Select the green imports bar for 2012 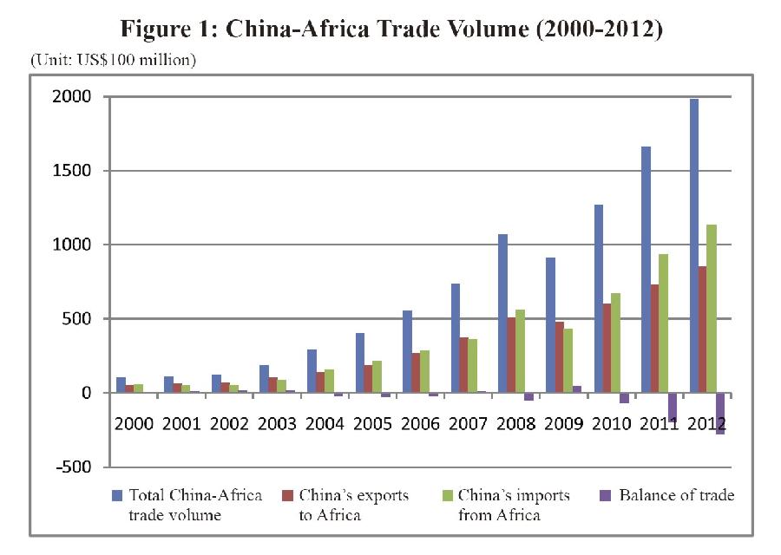tap(712, 308)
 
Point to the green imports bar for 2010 tap(616, 343)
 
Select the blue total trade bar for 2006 tap(407, 351)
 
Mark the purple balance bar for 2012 tap(720, 414)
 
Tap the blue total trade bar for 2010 tap(598, 298)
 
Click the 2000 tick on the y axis tap(75, 97)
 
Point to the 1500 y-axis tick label tap(75, 171)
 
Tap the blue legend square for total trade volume tap(117, 496)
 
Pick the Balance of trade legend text tap(676, 496)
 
